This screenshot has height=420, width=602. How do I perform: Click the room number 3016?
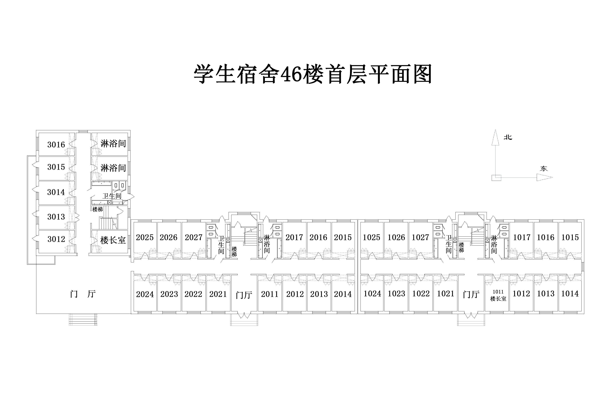point(56,144)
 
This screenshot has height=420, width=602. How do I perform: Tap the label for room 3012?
point(56,239)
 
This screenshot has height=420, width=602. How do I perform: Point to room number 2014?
point(343,294)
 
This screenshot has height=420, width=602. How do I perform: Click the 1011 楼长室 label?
point(498,295)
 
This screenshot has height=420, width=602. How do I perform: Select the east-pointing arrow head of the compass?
point(545,177)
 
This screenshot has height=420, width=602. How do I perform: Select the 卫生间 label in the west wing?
point(112,196)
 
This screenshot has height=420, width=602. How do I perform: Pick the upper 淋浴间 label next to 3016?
point(113,144)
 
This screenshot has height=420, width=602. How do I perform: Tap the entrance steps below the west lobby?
point(83,320)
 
